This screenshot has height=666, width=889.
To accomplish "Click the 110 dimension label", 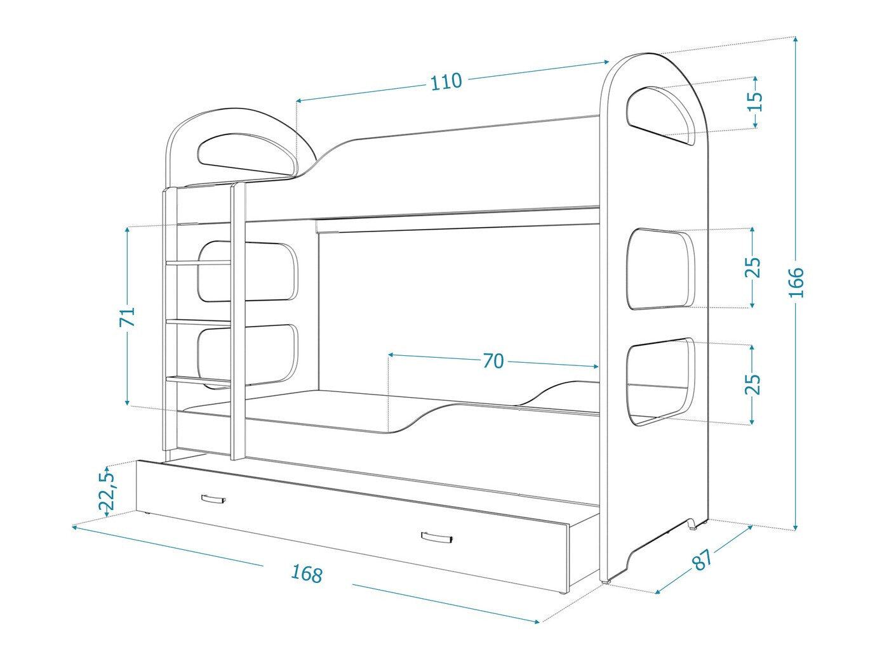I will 446,82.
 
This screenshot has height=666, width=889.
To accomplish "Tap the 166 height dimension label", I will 796,283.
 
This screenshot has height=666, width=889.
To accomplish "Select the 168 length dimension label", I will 307,573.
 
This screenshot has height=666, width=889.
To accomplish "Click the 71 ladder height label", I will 129,317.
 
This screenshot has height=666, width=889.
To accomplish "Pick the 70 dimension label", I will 493,361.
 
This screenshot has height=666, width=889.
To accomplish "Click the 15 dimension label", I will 754,101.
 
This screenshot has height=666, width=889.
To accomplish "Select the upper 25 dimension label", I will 752,267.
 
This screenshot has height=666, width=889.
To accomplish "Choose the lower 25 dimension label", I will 752,384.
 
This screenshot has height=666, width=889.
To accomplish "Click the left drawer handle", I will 213,499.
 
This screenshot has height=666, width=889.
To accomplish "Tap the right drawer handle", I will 437,538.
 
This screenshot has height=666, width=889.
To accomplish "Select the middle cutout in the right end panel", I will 660,268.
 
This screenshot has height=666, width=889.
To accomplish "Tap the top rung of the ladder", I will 199,263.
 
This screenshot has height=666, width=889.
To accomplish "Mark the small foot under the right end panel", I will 697,524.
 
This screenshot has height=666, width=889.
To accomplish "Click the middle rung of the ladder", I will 199,322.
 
